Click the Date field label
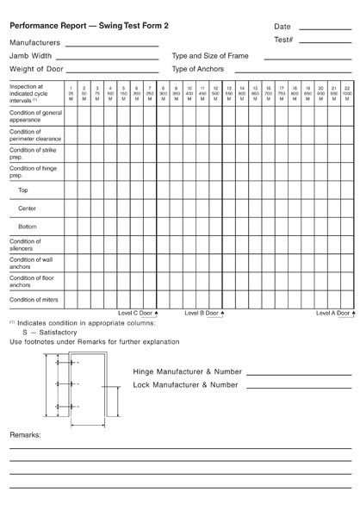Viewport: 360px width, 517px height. point(282,27)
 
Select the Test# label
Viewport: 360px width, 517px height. point(284,40)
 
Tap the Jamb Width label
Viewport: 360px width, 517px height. point(31,55)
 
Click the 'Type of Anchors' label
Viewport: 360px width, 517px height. point(198,69)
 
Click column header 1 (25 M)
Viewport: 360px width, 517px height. point(71,91)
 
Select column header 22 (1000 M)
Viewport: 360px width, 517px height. point(345,91)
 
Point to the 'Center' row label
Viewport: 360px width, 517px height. point(27,209)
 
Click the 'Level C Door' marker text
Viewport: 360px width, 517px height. point(135,313)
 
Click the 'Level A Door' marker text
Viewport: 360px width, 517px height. point(332,313)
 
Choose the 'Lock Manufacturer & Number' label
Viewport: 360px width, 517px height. point(186,385)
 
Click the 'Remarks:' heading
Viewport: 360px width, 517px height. point(25,436)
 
